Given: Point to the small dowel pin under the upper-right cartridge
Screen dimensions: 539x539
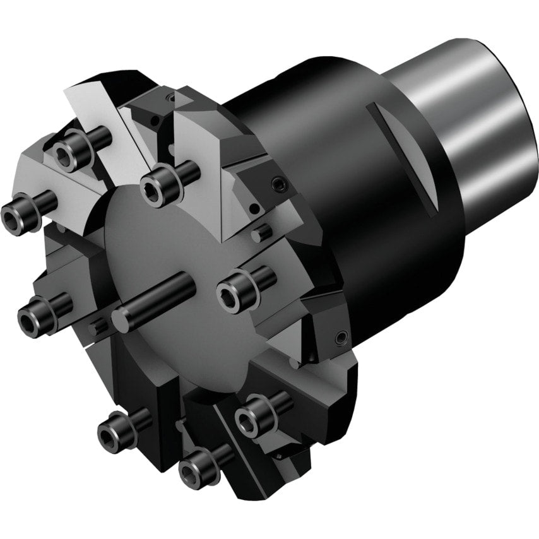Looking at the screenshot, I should pos(260,234).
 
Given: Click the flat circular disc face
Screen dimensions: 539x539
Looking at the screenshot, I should pos(189,265).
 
